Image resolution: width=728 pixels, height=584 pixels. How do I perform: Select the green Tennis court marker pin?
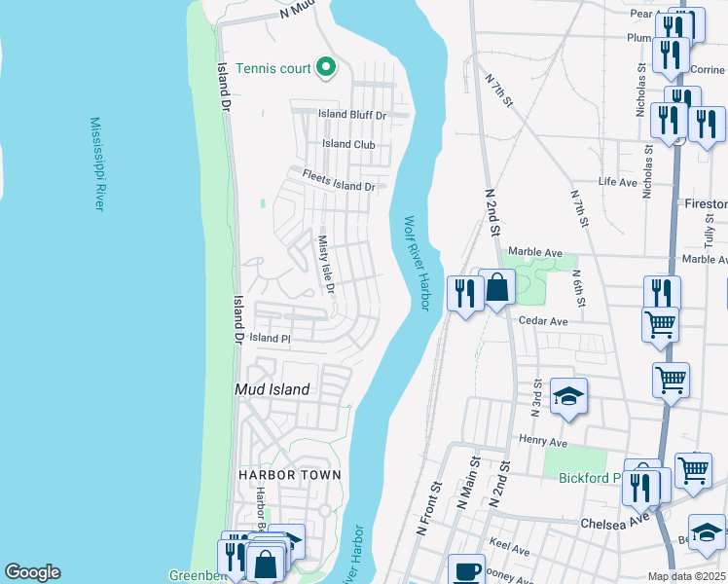(327, 68)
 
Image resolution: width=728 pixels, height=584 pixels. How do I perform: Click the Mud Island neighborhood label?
(273, 389)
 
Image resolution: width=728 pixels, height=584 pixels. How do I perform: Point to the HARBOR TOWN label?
(290, 475)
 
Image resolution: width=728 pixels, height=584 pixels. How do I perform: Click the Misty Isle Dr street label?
(326, 264)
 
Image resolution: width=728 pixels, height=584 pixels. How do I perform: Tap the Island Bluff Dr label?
(353, 115)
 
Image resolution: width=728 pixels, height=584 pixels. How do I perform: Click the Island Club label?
(348, 145)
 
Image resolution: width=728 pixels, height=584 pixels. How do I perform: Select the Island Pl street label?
(270, 338)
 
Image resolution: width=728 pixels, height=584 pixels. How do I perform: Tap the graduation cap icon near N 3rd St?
(568, 396)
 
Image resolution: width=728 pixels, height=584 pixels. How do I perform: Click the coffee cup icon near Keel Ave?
(466, 571)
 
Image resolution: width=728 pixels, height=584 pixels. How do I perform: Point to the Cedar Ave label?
(543, 321)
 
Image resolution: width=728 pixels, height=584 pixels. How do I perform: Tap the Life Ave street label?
(617, 182)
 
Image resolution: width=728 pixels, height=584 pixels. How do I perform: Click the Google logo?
(32, 572)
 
